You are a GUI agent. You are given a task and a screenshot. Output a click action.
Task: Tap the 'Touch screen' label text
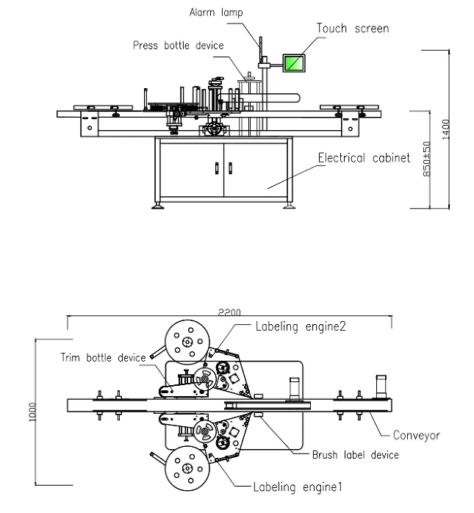coord(353,29)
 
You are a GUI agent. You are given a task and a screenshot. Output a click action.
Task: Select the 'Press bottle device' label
coord(178,45)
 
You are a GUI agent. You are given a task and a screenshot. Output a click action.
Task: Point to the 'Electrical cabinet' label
coord(363,158)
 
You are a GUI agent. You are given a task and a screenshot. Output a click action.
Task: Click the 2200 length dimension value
coord(228,313)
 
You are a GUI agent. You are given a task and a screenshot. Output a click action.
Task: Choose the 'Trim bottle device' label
coord(103,358)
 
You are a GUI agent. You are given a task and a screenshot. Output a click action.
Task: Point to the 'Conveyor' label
coord(416,435)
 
